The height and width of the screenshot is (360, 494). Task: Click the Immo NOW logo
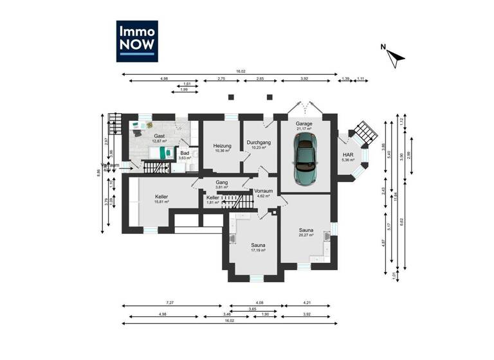(136, 41)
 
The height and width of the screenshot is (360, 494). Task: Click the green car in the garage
(305, 161)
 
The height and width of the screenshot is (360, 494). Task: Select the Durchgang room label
(259, 145)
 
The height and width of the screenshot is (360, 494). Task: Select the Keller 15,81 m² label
(161, 199)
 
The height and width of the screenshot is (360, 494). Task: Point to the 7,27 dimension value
(169, 303)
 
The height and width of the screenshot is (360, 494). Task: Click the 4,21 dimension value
(311, 303)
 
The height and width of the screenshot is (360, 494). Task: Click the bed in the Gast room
(161, 152)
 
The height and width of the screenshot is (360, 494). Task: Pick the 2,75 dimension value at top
(221, 79)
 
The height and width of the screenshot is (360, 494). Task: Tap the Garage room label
(304, 124)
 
